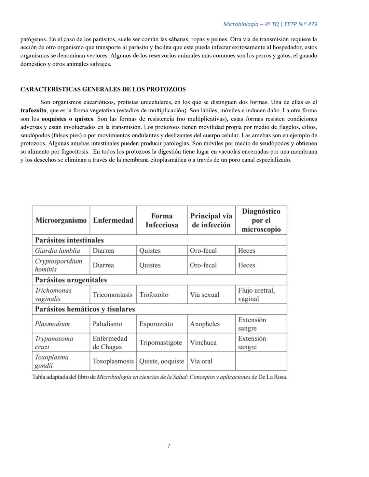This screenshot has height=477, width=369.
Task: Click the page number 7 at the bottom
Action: [169, 446]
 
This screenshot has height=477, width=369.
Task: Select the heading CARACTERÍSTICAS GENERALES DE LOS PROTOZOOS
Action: [103, 89]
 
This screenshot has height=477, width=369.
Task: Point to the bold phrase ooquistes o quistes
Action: [67, 119]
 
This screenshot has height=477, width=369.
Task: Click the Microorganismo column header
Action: [61, 220]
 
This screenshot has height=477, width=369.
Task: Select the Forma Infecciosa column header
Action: [162, 220]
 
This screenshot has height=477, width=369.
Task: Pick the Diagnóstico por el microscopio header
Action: [261, 220]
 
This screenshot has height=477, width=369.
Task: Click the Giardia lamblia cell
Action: [57, 251]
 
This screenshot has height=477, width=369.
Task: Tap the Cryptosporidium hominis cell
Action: [58, 265]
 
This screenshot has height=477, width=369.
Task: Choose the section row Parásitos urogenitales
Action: [71, 280]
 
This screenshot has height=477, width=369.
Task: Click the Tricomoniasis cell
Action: [112, 295]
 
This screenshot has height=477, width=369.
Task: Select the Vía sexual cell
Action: [205, 295]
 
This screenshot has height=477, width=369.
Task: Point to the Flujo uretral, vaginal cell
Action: [256, 294]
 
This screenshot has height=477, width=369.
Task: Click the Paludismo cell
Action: [107, 324]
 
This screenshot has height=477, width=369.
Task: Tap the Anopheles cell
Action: [205, 324]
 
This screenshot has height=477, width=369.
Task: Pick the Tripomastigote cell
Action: [161, 342]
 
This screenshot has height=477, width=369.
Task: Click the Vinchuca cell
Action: [203, 342]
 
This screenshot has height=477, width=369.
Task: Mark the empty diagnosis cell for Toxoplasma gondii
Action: [261, 361]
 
